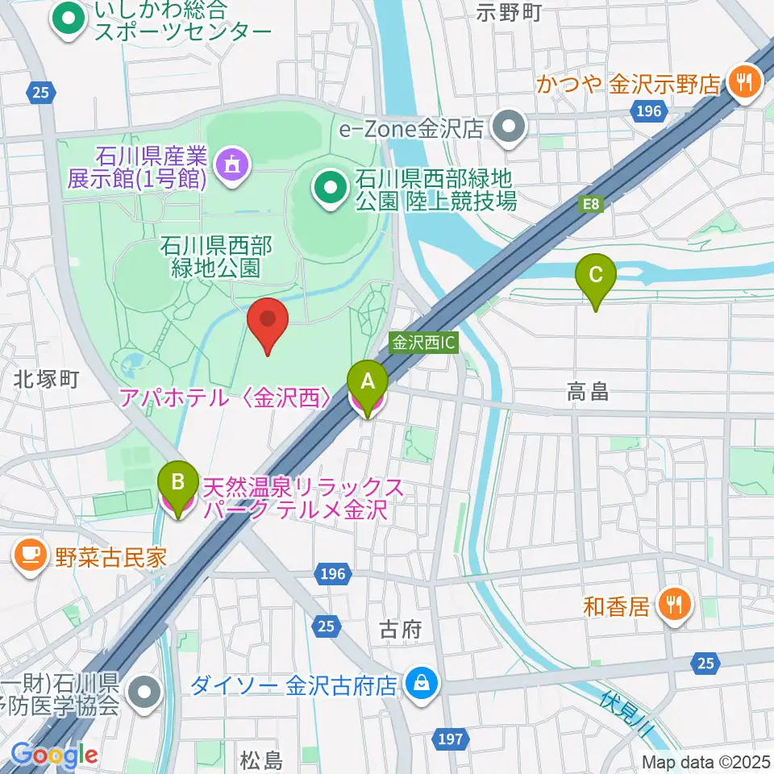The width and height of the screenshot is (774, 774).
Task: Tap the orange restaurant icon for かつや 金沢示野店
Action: click(x=741, y=81)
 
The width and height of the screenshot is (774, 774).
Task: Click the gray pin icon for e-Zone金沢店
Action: click(x=510, y=127)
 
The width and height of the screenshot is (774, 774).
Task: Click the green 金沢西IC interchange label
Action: click(x=424, y=343)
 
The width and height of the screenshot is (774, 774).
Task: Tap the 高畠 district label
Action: click(x=587, y=393)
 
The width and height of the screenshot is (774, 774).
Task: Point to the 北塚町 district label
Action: click(x=45, y=379)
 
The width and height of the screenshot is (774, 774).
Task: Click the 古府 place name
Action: click(x=401, y=630)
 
